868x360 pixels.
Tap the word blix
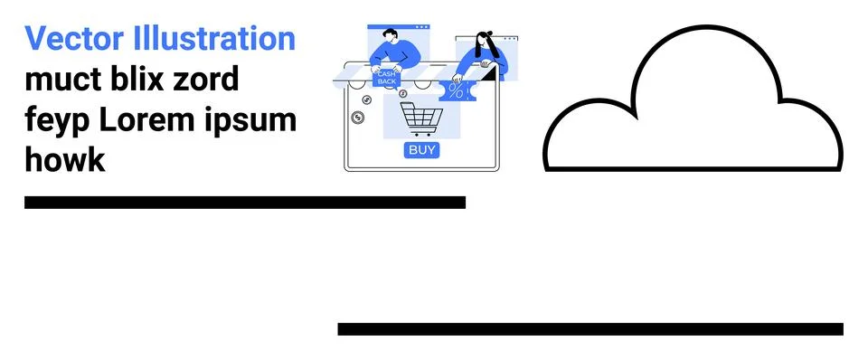point(137,80)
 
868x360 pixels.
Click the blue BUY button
point(421,150)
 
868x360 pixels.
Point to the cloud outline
point(693,104)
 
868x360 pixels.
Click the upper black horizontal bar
point(244,203)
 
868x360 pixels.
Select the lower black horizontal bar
point(590,329)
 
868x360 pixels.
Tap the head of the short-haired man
point(390,36)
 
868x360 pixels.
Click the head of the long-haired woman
point(483,41)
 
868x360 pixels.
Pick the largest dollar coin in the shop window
point(358,118)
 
